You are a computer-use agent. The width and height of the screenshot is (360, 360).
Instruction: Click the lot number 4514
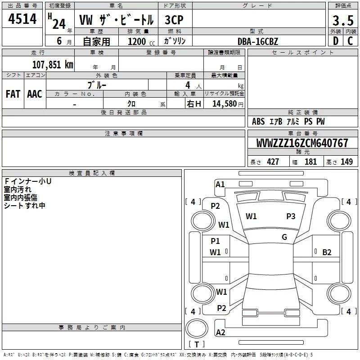pyautogui.click(x=22, y=19)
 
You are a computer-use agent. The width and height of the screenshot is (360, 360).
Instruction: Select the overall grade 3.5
pyautogui.click(x=343, y=20)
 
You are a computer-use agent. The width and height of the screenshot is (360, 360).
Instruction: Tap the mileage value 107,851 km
pyautogui.click(x=53, y=65)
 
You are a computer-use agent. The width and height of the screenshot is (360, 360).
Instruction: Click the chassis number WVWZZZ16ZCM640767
pyautogui.click(x=302, y=143)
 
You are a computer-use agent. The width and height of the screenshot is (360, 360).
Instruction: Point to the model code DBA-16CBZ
pyautogui.click(x=258, y=41)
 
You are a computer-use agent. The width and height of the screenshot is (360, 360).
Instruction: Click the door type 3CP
pyautogui.click(x=174, y=20)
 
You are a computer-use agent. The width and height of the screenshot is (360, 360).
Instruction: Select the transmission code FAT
pyautogui.click(x=13, y=94)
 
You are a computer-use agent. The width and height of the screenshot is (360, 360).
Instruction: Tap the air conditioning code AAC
pyautogui.click(x=35, y=94)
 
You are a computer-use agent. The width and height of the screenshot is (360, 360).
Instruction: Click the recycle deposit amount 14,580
pyautogui.click(x=225, y=104)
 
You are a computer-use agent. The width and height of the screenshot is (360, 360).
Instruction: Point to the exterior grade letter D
pyautogui.click(x=336, y=41)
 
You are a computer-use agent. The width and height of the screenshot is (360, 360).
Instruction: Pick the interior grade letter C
pyautogui.click(x=350, y=41)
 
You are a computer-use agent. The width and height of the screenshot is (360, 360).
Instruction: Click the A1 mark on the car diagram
pyautogui.click(x=220, y=184)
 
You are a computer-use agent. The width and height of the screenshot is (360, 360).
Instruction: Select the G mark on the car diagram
pyautogui.click(x=284, y=237)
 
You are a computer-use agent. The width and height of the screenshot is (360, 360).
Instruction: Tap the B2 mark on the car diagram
pyautogui.click(x=327, y=252)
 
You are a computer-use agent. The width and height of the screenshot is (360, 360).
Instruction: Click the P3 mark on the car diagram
pyautogui.click(x=291, y=216)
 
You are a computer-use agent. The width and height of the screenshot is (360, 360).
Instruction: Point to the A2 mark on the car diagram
pyautogui.click(x=220, y=332)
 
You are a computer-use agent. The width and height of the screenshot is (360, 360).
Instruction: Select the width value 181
pyautogui.click(x=310, y=162)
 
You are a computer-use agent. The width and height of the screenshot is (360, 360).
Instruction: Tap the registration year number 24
pyautogui.click(x=59, y=24)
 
